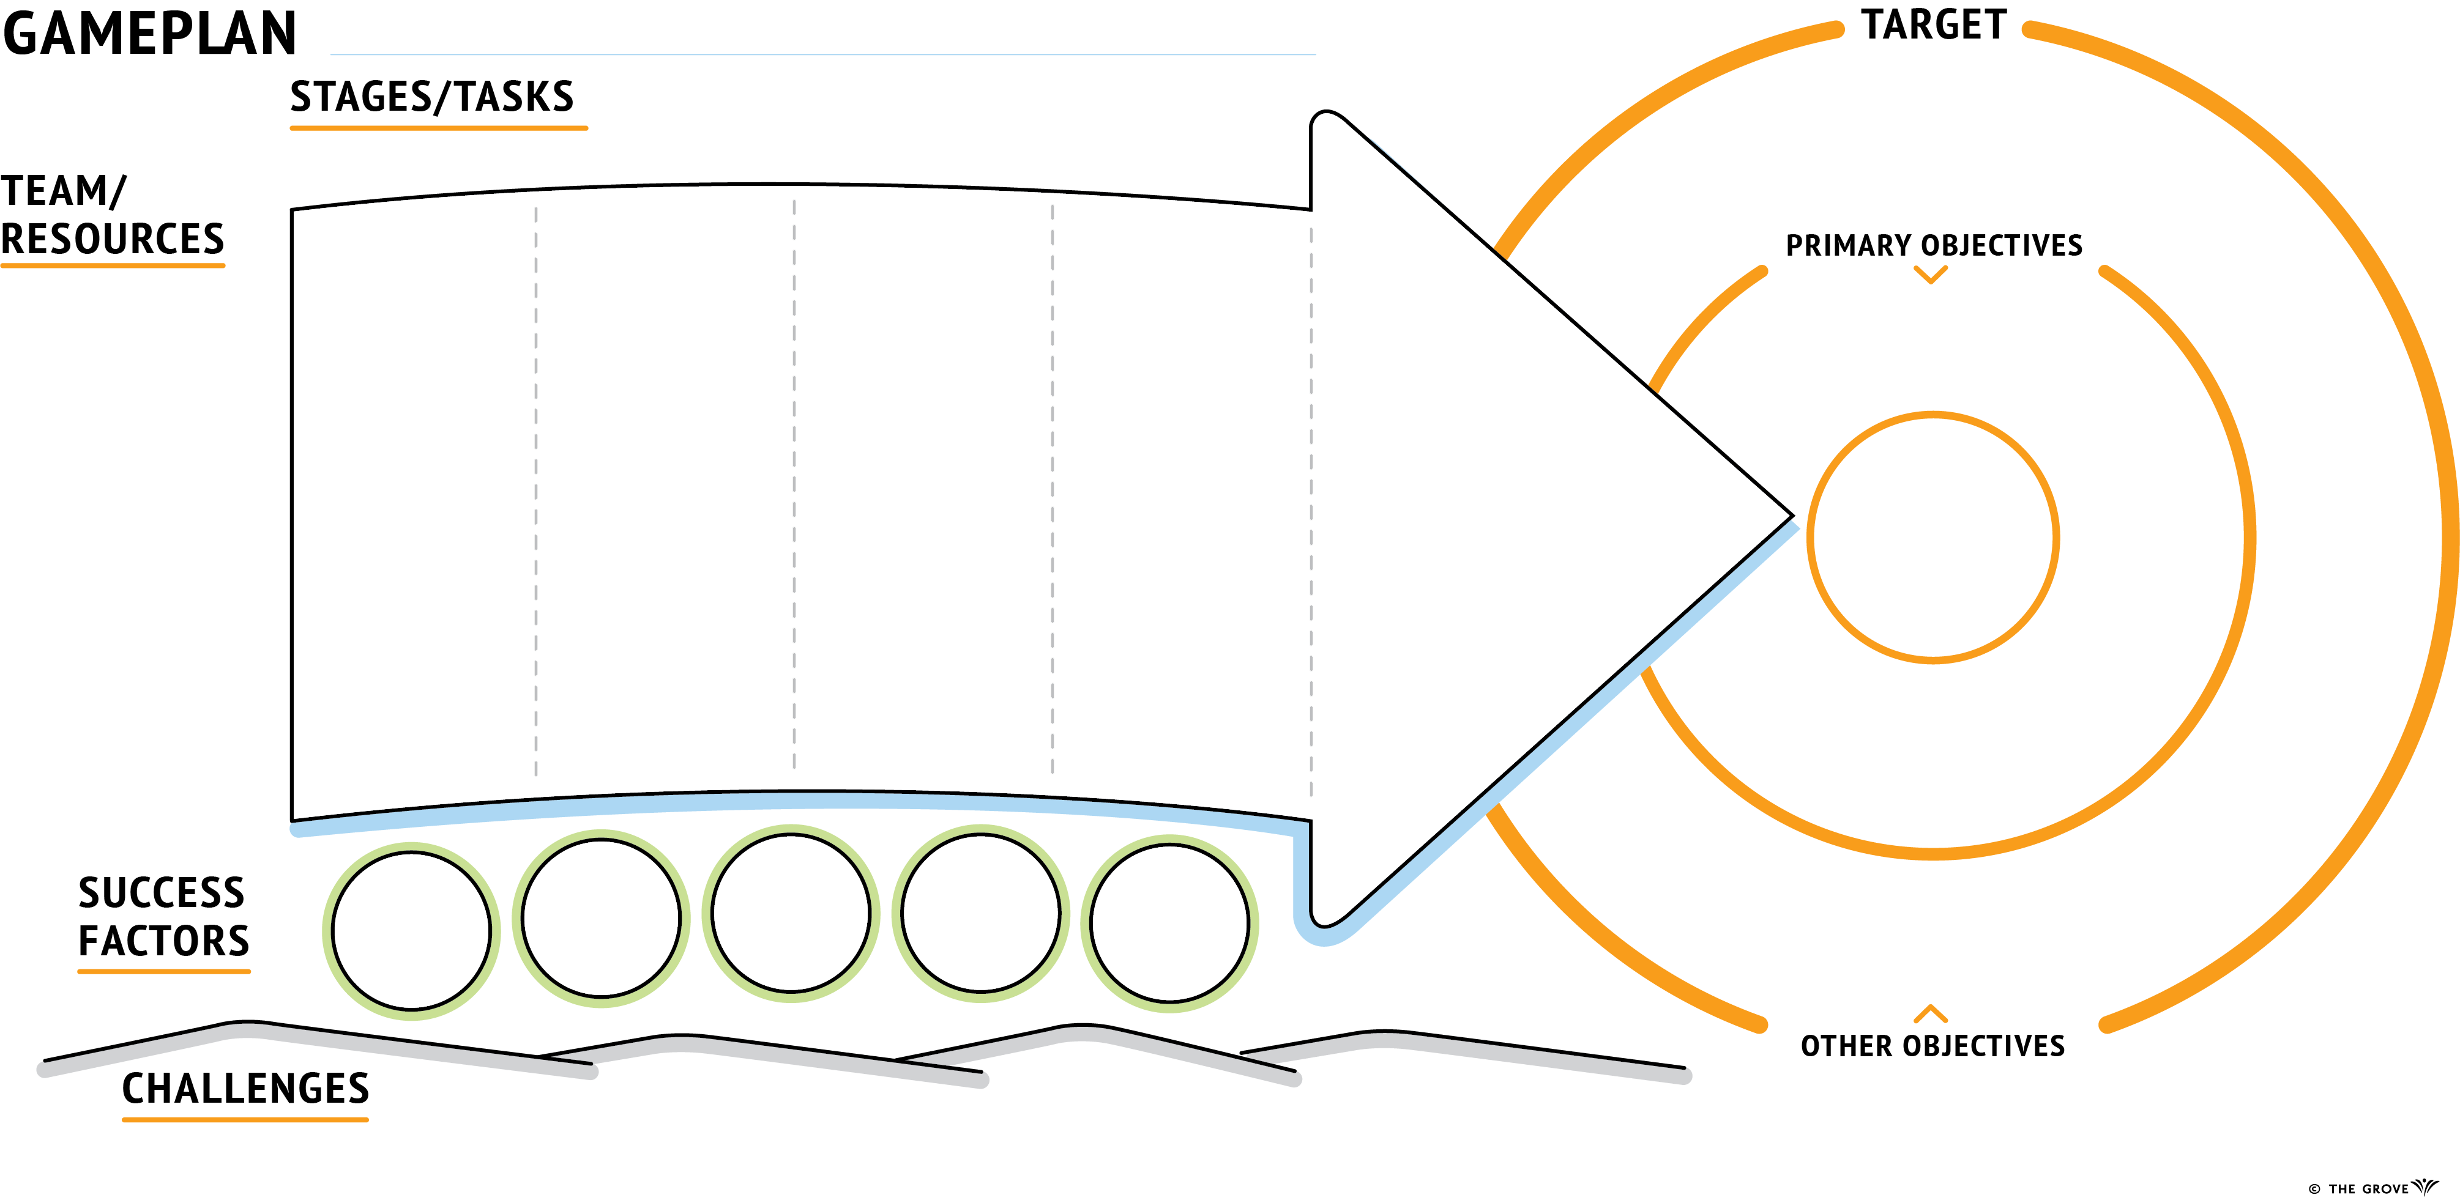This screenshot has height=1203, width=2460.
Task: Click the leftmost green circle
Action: pos(327,931)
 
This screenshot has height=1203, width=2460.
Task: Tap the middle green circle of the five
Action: pos(707,912)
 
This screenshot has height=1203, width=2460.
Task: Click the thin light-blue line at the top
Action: pos(821,54)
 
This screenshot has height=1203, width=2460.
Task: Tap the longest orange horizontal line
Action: pos(439,128)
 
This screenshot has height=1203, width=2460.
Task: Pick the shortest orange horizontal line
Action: pos(164,972)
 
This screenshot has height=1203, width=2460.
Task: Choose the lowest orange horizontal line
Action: pos(245,1120)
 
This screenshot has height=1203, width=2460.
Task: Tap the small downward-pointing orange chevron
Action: pos(1931,277)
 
